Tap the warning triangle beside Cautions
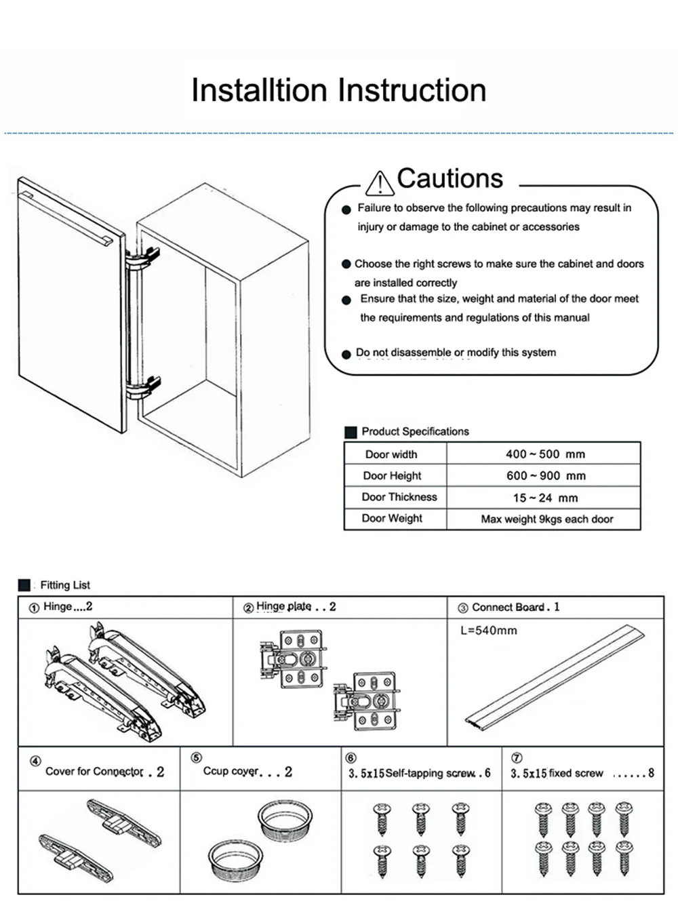click(x=379, y=183)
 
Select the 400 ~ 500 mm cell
click(x=544, y=454)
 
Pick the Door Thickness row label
click(x=399, y=497)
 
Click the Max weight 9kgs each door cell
click(x=546, y=519)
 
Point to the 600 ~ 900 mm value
click(x=545, y=476)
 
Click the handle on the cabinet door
click(x=68, y=219)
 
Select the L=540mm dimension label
click(x=488, y=631)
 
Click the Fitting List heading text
click(x=65, y=585)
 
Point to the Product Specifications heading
click(x=415, y=432)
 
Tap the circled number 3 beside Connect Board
click(x=463, y=608)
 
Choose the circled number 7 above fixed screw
click(x=517, y=758)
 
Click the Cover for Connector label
click(x=94, y=772)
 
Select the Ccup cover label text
click(x=231, y=771)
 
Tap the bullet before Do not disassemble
click(x=347, y=354)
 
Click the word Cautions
click(x=450, y=178)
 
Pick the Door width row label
click(x=391, y=454)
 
